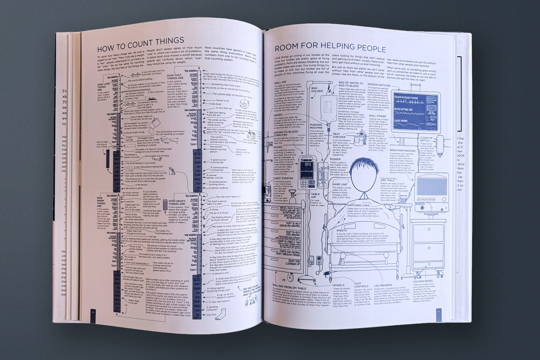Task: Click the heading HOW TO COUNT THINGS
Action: (140, 44)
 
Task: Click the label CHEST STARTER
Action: (283, 178)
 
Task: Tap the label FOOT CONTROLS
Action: (362, 285)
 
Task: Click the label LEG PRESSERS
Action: (383, 285)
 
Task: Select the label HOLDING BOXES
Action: (423, 281)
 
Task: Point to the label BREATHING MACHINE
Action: (402, 151)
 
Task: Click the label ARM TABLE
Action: (387, 180)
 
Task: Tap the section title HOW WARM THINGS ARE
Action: (101, 202)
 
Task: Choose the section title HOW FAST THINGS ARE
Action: (175, 77)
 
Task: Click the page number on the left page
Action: (93, 312)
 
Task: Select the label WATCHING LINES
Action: (358, 205)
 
